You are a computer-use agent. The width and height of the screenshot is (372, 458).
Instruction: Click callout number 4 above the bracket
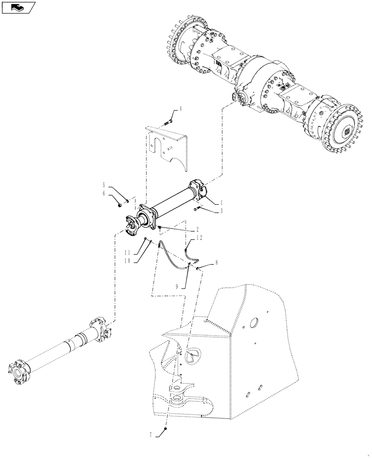coord(181,109)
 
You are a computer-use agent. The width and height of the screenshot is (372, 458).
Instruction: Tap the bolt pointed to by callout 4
coord(168,122)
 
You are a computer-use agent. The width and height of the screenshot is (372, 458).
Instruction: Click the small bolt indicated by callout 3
coord(197,209)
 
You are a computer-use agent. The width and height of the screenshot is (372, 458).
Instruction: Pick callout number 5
coord(104,185)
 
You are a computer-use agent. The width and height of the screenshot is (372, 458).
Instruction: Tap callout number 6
coord(104,193)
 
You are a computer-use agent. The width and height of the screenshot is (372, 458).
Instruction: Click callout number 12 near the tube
coord(199,238)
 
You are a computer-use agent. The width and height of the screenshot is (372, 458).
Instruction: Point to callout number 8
coord(216,264)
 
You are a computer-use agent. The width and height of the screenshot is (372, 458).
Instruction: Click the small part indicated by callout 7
coord(166,429)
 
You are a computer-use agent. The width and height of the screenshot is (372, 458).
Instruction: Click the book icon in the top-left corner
coord(17,7)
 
